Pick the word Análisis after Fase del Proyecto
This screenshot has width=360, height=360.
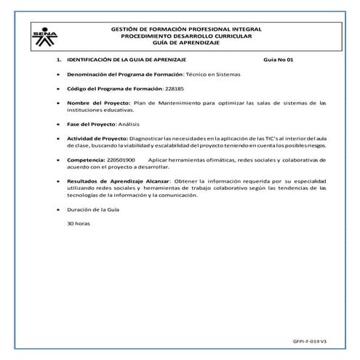coord(120,124)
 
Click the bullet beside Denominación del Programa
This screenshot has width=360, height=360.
coord(57,75)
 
